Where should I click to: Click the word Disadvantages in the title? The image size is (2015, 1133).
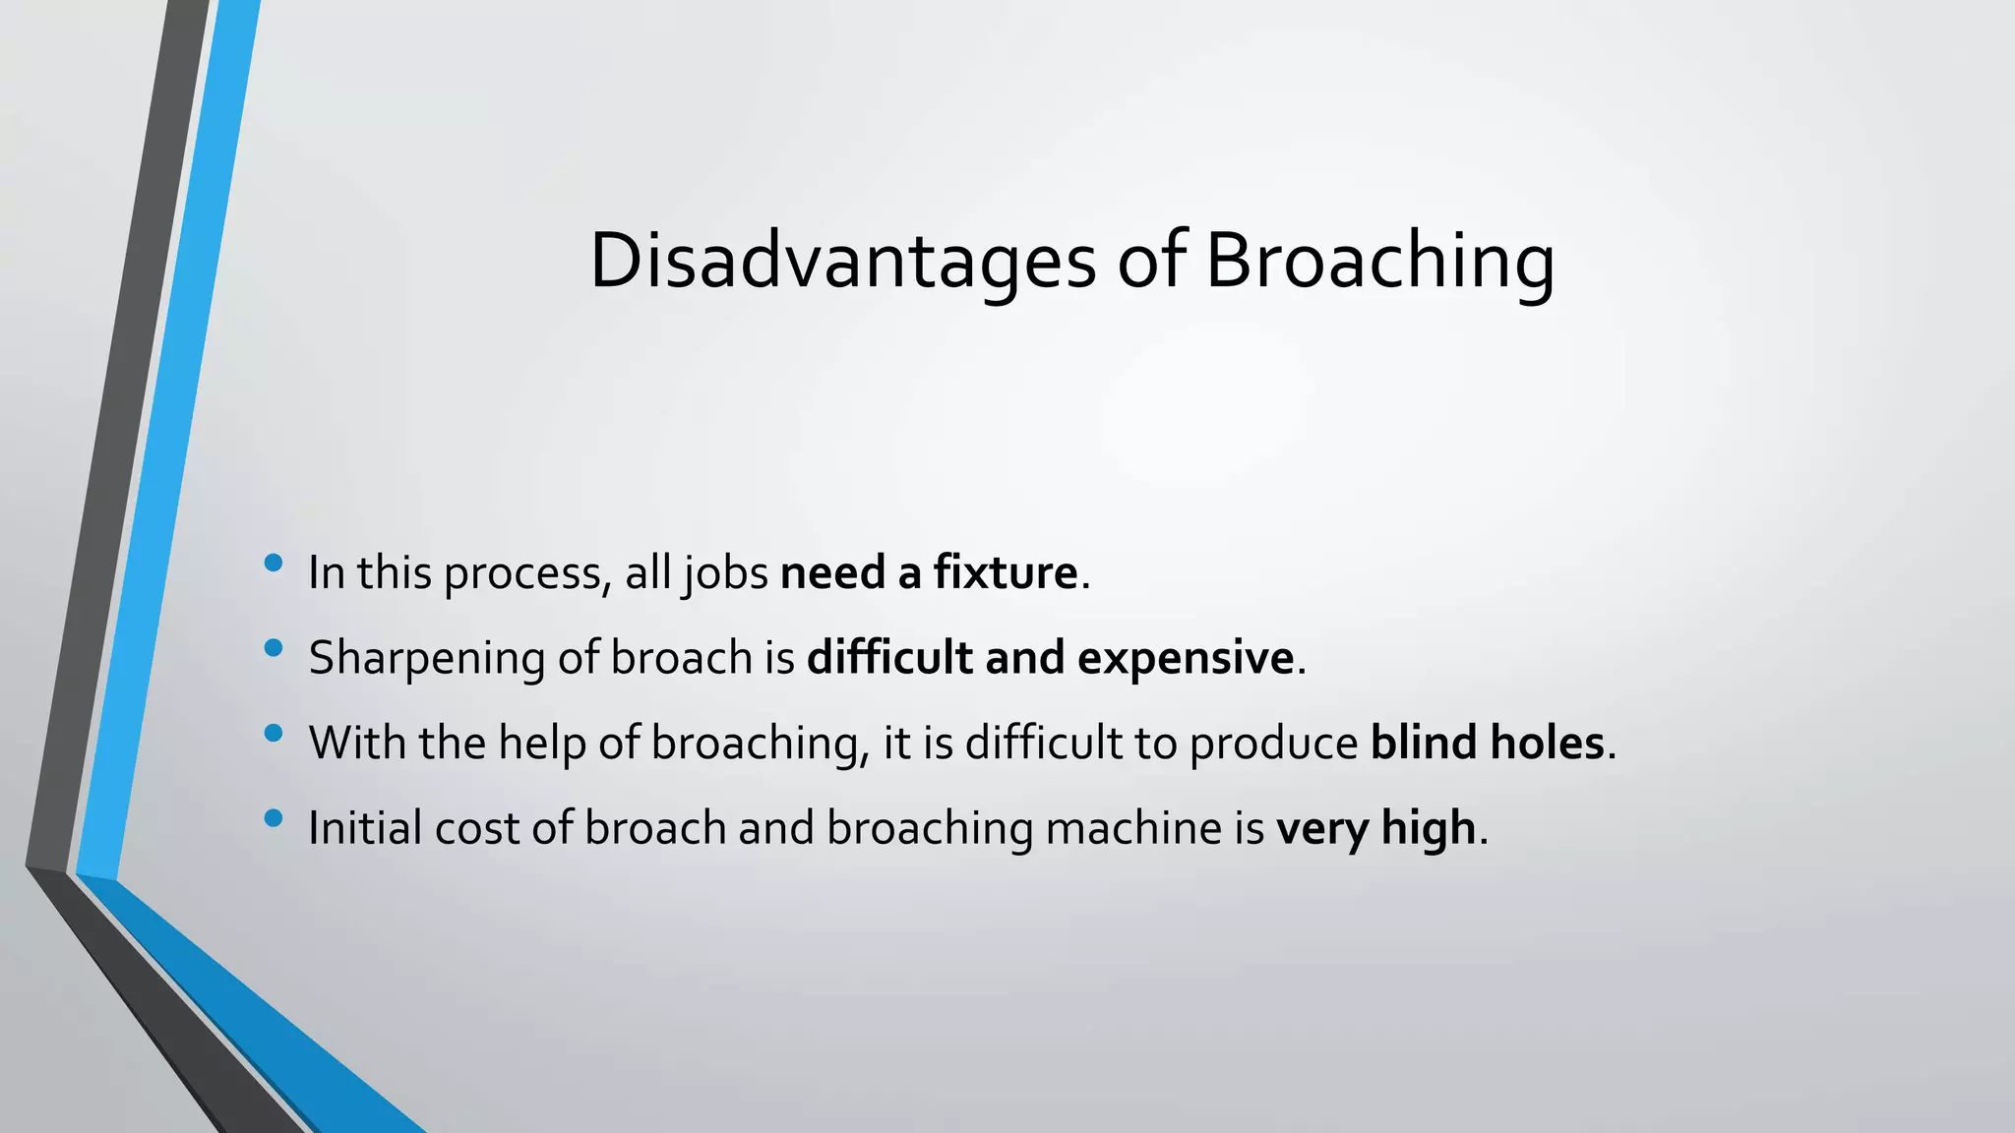point(842,262)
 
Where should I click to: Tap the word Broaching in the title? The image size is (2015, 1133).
point(1379,262)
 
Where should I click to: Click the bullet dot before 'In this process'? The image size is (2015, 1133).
point(274,563)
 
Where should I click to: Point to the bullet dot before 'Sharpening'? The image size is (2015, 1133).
point(274,647)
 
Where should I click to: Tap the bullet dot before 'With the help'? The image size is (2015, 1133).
point(274,733)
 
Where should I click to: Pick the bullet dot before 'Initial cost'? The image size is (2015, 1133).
point(274,817)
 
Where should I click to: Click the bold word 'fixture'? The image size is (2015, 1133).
point(1006,572)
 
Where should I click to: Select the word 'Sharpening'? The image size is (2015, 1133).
point(426,658)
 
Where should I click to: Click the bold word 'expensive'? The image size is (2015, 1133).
point(1186,658)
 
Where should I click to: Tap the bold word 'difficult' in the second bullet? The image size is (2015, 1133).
point(889,657)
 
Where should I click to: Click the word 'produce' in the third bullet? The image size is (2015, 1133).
point(1273,744)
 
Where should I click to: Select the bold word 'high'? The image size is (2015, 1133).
point(1429,828)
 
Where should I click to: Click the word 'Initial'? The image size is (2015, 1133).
point(365,828)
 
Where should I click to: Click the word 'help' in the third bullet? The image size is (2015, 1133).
point(541,744)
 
